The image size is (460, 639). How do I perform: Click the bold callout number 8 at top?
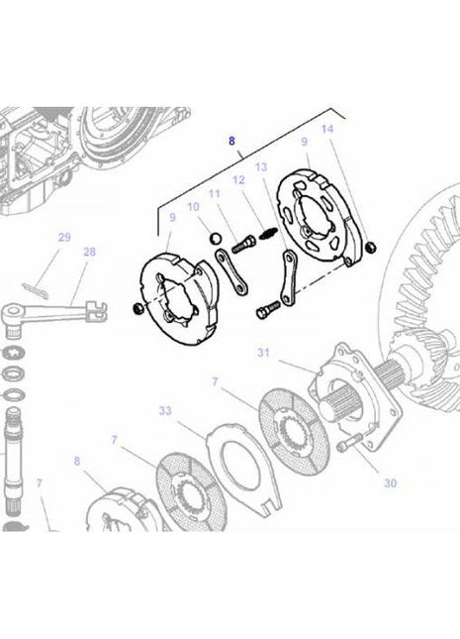click(x=232, y=142)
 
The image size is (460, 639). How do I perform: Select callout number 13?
click(x=261, y=167)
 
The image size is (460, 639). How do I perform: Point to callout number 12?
click(x=238, y=180)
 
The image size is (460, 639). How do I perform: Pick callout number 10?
click(x=194, y=207)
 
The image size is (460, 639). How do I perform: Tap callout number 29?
click(x=64, y=238)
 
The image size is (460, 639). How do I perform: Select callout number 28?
click(x=89, y=253)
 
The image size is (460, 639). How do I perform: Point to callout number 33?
click(x=164, y=410)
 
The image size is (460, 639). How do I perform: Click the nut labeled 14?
click(x=369, y=247)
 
